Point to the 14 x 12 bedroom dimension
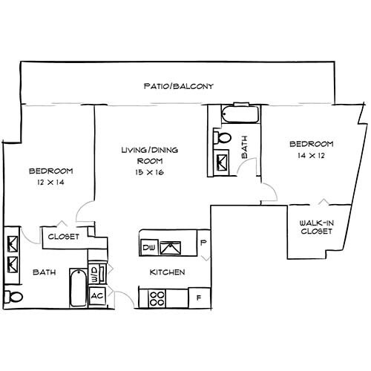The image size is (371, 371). click(311, 156)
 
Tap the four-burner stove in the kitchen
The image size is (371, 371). click(157, 298)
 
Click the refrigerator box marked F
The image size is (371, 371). click(198, 298)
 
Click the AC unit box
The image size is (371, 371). click(96, 295)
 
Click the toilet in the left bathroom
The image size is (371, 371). click(10, 298)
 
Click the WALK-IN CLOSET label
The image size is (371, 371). click(315, 227)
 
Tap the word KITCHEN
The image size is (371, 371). click(167, 272)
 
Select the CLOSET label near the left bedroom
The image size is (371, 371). click(64, 237)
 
